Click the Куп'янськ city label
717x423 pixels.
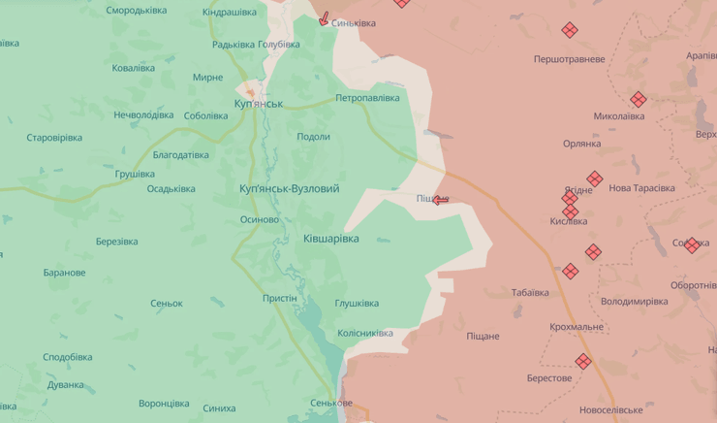[x=259, y=103]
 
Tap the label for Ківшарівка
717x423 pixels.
[x=330, y=239]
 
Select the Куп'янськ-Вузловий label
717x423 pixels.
[x=290, y=188]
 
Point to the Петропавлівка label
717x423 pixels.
[x=367, y=98]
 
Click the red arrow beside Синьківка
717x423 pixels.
[x=325, y=19]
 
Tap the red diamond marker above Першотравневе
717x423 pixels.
[x=570, y=30]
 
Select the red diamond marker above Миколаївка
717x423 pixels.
[x=638, y=99]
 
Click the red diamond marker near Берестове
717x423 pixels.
[x=582, y=361]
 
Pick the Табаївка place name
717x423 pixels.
[x=530, y=292]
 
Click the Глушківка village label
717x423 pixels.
[x=357, y=303]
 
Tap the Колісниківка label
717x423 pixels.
[x=365, y=333]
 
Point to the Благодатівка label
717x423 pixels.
[x=180, y=155]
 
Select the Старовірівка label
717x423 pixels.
[x=54, y=138]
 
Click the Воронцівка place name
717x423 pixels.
[x=164, y=403]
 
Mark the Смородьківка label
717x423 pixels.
[x=136, y=11]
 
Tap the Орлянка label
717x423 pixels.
[x=581, y=144]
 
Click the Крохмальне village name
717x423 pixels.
[x=577, y=327]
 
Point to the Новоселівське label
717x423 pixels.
[x=610, y=410]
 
